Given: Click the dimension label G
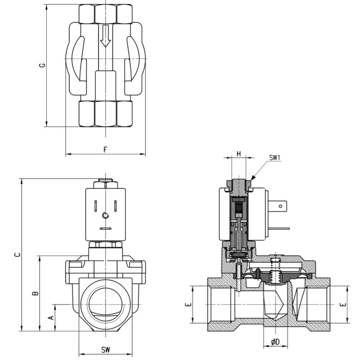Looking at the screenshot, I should click(x=42, y=65).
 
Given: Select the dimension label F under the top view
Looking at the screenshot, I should click(x=105, y=149).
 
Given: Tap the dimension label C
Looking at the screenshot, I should click(x=17, y=255).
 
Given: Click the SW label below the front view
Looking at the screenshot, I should click(x=105, y=350).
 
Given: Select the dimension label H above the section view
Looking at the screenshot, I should click(x=239, y=154).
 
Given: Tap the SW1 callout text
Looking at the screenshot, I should click(x=275, y=157).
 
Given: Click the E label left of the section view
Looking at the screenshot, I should click(x=188, y=305).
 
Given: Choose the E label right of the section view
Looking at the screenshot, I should click(x=343, y=305).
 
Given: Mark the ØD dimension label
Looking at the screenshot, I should click(x=275, y=342).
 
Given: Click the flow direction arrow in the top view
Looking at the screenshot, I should click(x=105, y=36).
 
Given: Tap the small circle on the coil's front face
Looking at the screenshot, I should click(x=105, y=216).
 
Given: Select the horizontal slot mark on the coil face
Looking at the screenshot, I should click(x=105, y=229).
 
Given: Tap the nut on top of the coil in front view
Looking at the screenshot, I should click(x=105, y=184).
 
